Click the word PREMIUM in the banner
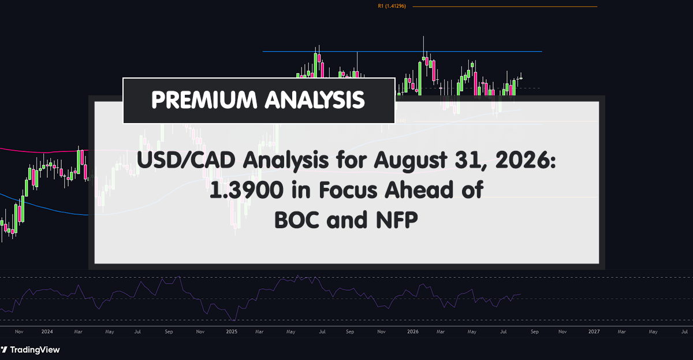pos(204,100)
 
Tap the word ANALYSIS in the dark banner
pos(315,100)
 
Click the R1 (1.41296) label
pos(392,6)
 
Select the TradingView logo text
pos(35,350)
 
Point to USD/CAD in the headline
pos(186,160)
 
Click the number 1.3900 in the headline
pos(246,190)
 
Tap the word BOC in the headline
pos(296,220)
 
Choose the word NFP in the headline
pos(397,220)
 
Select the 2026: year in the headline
pos(526,160)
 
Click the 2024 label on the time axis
pos(47,332)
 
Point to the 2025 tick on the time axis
pos(232,332)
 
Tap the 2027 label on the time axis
pos(594,332)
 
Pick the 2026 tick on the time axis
pos(413,332)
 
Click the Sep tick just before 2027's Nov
pos(535,332)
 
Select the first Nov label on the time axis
pos(19,332)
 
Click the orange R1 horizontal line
pos(505,6)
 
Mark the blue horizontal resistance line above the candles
pos(402,51)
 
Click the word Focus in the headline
pos(348,190)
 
